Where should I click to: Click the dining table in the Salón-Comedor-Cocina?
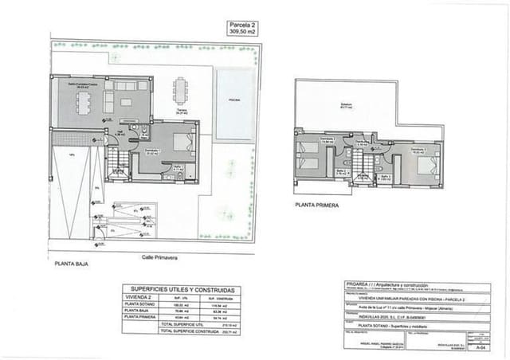click(84, 101)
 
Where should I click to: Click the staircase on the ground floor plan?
click(118, 162)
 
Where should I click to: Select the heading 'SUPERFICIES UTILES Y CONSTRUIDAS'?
click(182, 289)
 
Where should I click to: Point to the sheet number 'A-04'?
click(479, 347)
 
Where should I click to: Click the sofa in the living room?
click(126, 101)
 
